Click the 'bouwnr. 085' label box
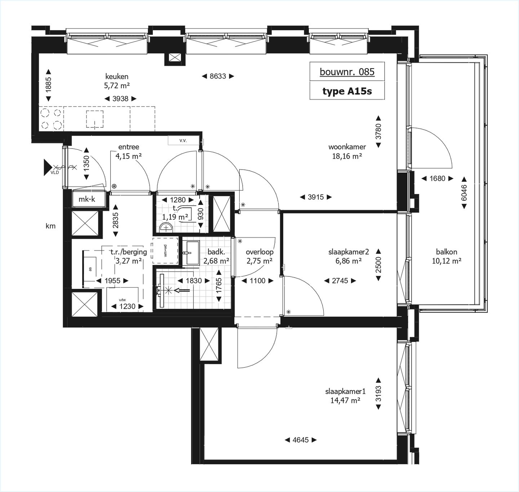click(347, 72)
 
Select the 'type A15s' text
click(347, 91)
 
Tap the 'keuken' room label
click(117, 76)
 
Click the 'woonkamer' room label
click(347, 147)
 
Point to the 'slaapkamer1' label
click(345, 391)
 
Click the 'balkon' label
click(447, 252)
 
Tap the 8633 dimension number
click(218, 76)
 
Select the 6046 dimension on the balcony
click(464, 193)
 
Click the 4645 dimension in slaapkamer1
click(301, 440)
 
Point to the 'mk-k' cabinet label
click(87, 199)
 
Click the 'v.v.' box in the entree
click(183, 140)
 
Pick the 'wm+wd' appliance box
click(165, 250)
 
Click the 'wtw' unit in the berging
click(123, 299)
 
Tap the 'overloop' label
click(259, 252)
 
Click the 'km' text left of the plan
click(50, 226)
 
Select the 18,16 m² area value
click(347, 156)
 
